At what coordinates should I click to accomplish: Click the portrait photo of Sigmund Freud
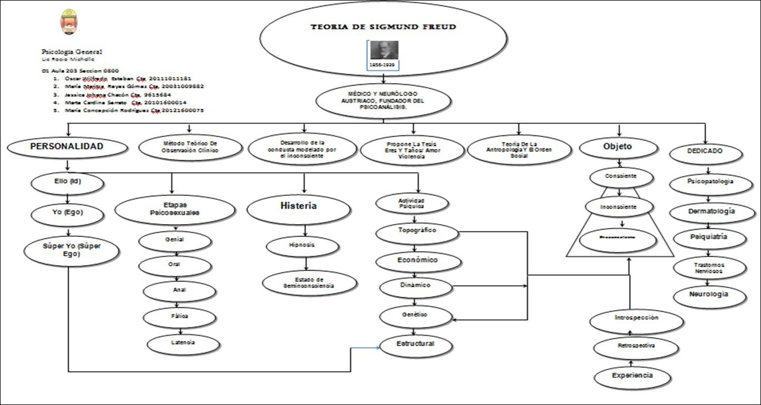pyautogui.click(x=384, y=50)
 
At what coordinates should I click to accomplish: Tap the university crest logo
pyautogui.click(x=69, y=22)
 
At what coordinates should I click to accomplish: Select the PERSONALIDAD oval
pyautogui.click(x=66, y=148)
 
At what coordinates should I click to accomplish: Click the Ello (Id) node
pyautogui.click(x=68, y=181)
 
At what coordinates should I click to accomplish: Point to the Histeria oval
pyautogui.click(x=298, y=206)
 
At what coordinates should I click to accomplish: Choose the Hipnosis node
pyautogui.click(x=302, y=245)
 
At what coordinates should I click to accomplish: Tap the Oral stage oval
pyautogui.click(x=175, y=265)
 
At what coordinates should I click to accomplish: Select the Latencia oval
pyautogui.click(x=182, y=343)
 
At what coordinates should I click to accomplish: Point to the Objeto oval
pyautogui.click(x=617, y=147)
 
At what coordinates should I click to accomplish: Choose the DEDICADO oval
pyautogui.click(x=706, y=151)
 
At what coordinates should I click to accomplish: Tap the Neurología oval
pyautogui.click(x=708, y=295)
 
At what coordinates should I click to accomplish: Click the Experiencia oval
pyautogui.click(x=632, y=376)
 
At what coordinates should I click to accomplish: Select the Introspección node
pyautogui.click(x=636, y=318)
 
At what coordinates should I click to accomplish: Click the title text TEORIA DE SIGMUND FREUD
pyautogui.click(x=384, y=27)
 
